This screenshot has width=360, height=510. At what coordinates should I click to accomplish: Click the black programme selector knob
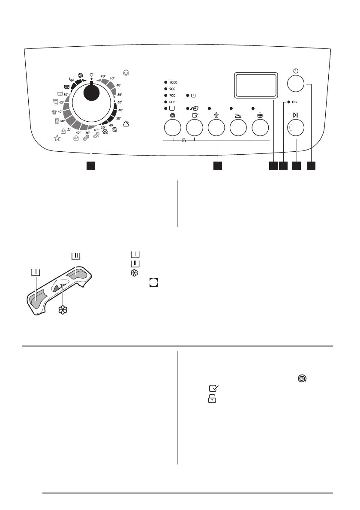tap(91, 92)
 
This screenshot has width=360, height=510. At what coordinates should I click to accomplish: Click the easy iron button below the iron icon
tap(238, 128)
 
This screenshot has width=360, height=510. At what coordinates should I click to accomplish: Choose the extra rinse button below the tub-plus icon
tap(260, 128)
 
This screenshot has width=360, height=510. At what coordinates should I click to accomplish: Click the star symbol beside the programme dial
tap(57, 138)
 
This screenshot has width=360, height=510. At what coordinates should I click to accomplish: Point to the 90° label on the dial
tap(103, 76)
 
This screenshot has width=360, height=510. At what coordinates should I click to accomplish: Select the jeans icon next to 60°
tap(57, 121)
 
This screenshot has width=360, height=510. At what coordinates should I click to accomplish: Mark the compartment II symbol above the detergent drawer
tap(75, 256)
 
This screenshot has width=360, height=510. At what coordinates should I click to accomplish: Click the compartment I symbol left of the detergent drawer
tap(35, 272)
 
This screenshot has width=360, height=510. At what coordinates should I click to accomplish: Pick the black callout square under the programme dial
tap(90, 165)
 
